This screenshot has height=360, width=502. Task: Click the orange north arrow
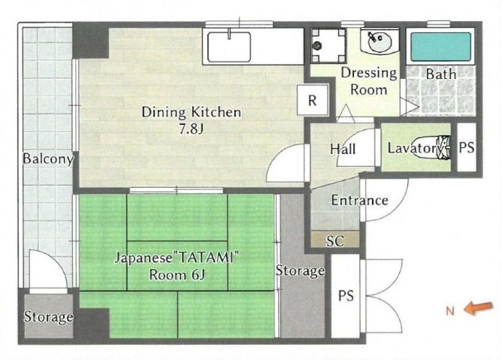[479, 308]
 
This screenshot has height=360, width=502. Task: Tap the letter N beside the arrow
[450, 310]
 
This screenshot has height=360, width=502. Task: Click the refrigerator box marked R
[313, 100]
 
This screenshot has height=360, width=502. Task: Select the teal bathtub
[441, 47]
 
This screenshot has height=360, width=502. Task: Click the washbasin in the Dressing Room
[380, 41]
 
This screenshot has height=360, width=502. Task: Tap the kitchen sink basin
[229, 47]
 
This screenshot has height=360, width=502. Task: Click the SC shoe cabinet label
[335, 241]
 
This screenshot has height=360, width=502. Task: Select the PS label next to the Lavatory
[467, 147]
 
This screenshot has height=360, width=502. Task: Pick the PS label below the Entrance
[346, 295]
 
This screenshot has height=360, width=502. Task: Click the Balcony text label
[48, 159]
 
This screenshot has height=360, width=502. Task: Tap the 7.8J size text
[191, 129]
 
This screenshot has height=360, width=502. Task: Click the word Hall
[343, 149]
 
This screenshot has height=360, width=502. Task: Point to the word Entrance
[359, 200]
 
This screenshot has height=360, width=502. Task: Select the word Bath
[441, 74]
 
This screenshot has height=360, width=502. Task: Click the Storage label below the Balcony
[48, 316]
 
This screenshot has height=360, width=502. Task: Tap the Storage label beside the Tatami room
[300, 271]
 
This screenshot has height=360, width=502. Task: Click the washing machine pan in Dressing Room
[329, 45]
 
